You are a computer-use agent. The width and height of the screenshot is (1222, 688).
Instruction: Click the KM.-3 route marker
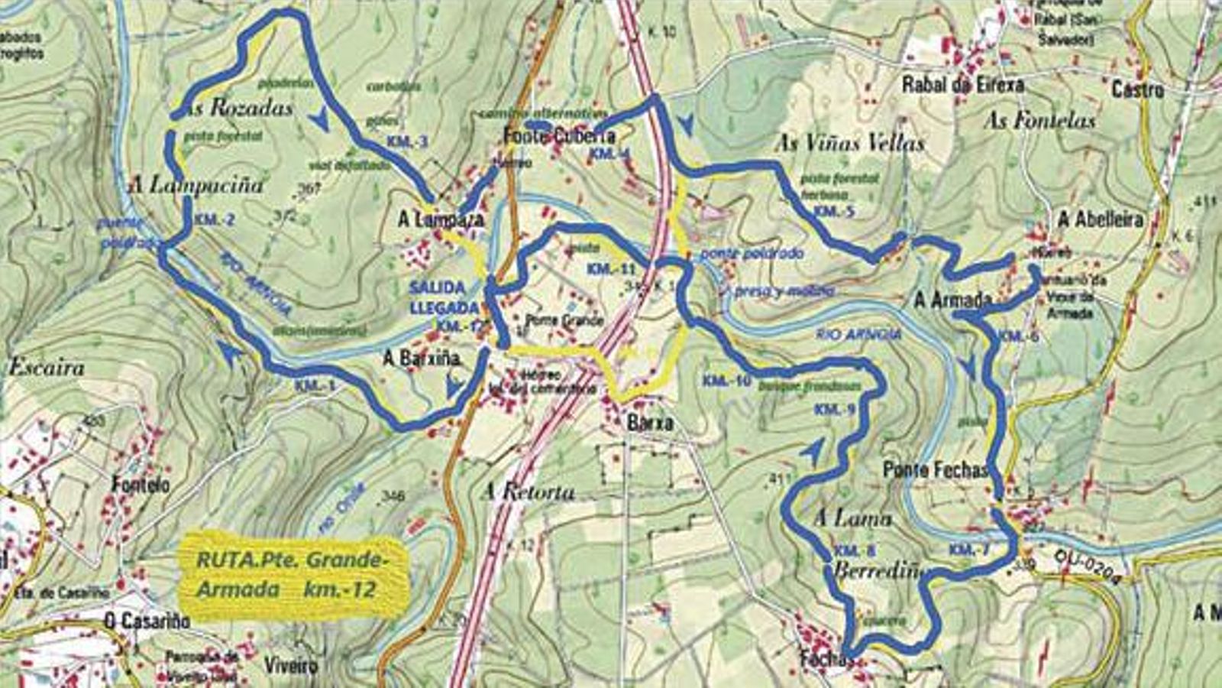pos(406,141)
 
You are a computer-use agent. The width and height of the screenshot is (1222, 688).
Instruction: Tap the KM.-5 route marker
pos(833,212)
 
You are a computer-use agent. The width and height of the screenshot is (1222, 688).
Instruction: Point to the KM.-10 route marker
pos(727,381)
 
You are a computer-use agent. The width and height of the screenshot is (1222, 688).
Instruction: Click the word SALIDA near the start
pos(437,287)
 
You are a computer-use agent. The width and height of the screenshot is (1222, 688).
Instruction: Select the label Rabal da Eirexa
pos(962,84)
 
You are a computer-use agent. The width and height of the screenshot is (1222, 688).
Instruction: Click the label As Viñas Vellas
pos(849,143)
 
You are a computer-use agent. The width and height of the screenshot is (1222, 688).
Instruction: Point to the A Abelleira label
pos(1100,220)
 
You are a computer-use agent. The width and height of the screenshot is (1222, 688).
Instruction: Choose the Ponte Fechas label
pos(935,469)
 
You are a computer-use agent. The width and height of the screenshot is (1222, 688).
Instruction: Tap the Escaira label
pos(46,368)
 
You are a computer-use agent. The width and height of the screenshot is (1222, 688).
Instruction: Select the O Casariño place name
pos(147,621)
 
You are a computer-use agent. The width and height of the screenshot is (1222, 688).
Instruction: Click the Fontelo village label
pos(141,485)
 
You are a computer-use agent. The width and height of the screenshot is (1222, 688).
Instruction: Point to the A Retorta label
pos(528,492)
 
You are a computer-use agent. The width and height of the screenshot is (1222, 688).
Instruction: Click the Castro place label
pos(1137,90)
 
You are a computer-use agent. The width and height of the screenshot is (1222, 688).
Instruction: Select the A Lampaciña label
pos(196,185)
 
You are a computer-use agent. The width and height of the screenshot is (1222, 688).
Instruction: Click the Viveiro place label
pos(290,665)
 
